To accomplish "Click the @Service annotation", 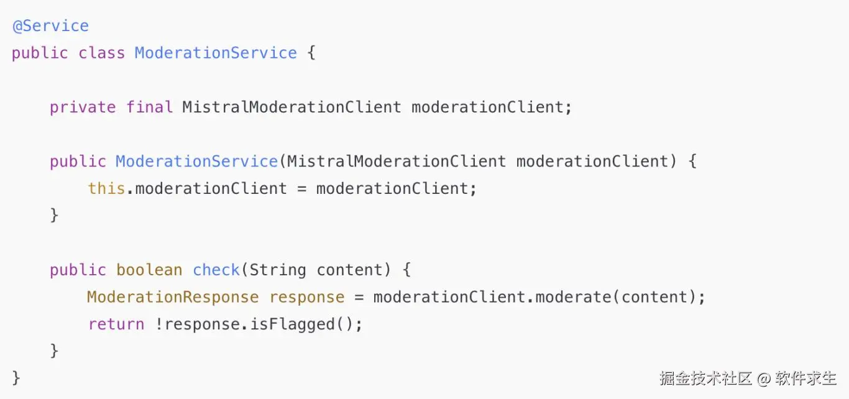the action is [x=50, y=26].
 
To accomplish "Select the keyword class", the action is [x=101, y=53].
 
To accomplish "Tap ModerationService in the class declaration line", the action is [x=216, y=53].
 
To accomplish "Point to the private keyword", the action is [x=83, y=107].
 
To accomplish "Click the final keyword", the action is [x=149, y=107].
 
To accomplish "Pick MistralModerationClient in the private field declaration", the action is [x=291, y=107].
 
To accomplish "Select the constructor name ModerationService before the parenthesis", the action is [x=196, y=162].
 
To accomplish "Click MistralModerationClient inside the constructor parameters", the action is [x=397, y=162].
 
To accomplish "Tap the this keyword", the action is [x=106, y=188].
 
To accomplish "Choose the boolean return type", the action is [x=149, y=270].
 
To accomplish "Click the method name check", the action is [x=216, y=270].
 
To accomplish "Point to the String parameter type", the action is [x=278, y=270].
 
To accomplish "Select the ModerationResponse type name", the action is [x=173, y=297].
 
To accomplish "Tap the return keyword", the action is [x=116, y=324].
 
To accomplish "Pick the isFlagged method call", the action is [x=292, y=324].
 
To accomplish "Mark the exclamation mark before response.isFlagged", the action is [x=159, y=324].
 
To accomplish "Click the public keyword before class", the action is [x=40, y=53].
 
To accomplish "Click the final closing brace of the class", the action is [x=16, y=378].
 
